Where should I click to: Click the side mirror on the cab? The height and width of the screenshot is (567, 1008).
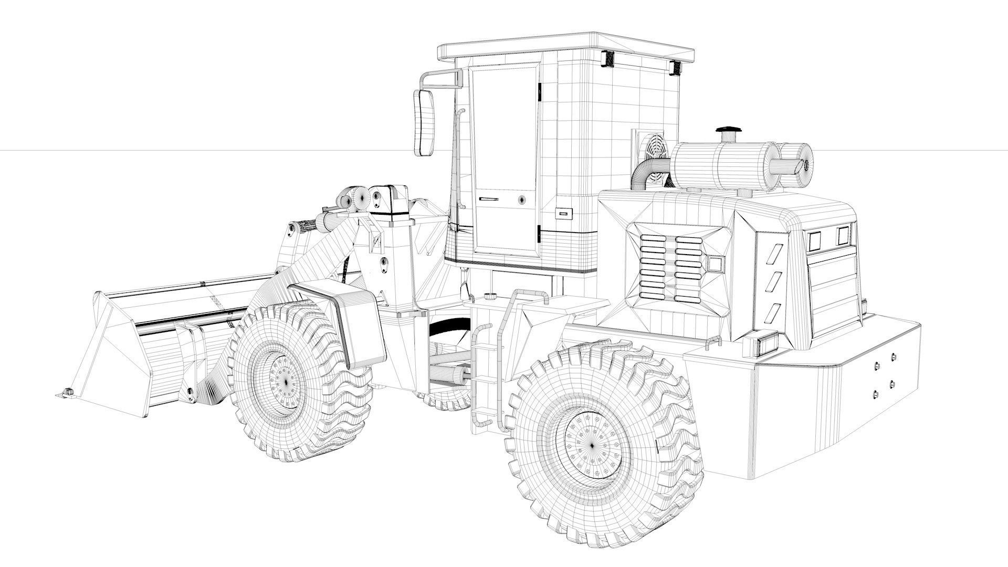coord(424,122)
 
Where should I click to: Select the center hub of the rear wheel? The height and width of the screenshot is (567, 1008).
coord(592,445)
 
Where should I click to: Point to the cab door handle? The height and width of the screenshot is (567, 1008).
coord(488,199)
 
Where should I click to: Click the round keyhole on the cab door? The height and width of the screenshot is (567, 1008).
coord(522,199)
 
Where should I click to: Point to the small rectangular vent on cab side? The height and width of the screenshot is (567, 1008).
coord(564,214)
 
